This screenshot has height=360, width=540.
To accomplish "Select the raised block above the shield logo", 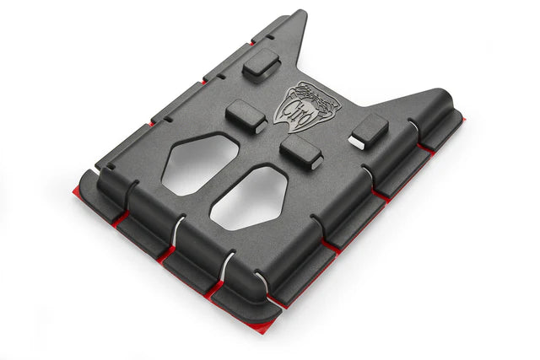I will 261,64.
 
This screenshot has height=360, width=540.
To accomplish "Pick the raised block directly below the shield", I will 301,153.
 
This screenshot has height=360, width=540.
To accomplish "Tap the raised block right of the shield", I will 369,130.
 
